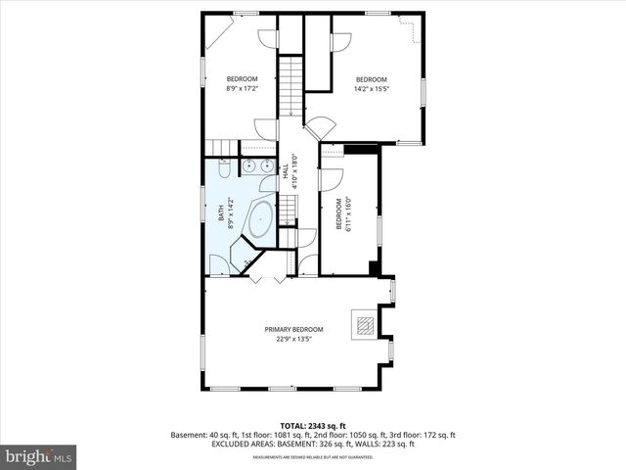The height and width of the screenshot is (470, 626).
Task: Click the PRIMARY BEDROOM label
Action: pos(293,329)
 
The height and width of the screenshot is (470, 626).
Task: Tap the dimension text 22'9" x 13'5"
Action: pos(293,340)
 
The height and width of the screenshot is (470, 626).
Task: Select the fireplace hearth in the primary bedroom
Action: pos(364,325)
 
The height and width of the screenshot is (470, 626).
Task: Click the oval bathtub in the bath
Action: pos(260,218)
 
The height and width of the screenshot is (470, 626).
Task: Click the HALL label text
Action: pos(286,168)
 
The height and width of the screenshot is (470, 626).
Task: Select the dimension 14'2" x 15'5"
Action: pos(371,89)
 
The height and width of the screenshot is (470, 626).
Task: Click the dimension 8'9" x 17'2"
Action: pos(242,89)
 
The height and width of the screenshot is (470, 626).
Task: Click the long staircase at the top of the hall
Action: pos(291,85)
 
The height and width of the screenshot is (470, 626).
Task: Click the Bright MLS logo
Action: pos(38,456)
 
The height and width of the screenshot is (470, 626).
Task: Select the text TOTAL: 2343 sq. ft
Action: pos(313,426)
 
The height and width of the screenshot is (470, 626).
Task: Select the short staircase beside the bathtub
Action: pos(288,207)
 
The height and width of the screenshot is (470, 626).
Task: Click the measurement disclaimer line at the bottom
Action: pos(313,456)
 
